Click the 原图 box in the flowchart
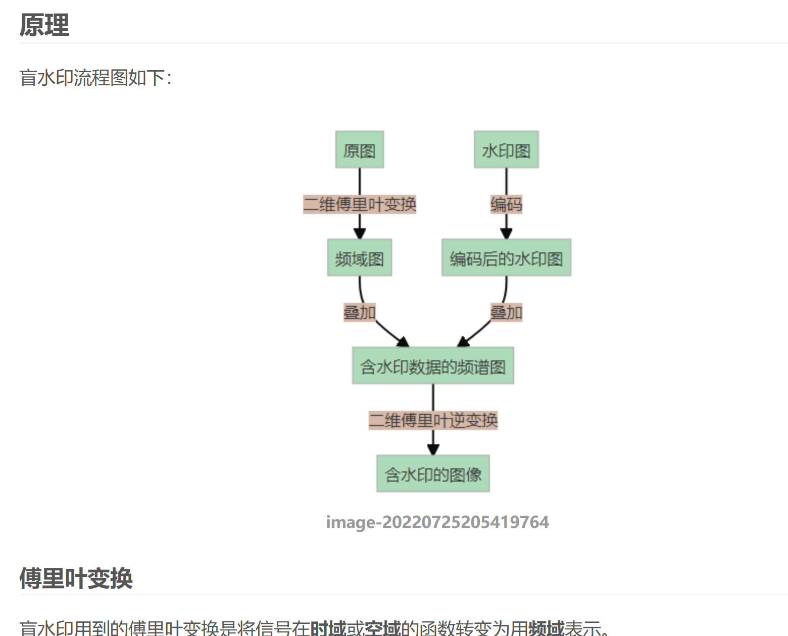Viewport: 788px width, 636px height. click(360, 150)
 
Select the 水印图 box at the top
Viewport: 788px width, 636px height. click(506, 150)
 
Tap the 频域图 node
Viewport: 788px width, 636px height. click(360, 258)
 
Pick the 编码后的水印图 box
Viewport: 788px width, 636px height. click(506, 258)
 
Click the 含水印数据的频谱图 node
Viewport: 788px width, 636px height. click(433, 366)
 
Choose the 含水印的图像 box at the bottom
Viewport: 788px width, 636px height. click(433, 474)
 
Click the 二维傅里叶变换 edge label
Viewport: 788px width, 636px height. click(360, 204)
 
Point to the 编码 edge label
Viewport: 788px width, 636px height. click(506, 204)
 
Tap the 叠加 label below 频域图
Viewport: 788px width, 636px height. click(360, 312)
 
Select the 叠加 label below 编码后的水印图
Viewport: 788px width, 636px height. click(506, 312)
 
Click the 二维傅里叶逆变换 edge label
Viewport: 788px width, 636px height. click(433, 420)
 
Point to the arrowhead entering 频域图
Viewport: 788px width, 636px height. click(360, 234)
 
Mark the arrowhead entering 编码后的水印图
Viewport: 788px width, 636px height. click(506, 234)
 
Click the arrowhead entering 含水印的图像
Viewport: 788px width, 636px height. click(433, 449)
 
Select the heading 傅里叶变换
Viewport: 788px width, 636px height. click(76, 578)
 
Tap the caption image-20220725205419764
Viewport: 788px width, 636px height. click(437, 522)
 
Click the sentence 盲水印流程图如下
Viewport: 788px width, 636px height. click(95, 78)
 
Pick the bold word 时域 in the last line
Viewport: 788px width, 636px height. click(328, 628)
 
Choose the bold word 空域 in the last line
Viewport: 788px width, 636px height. click(382, 628)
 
